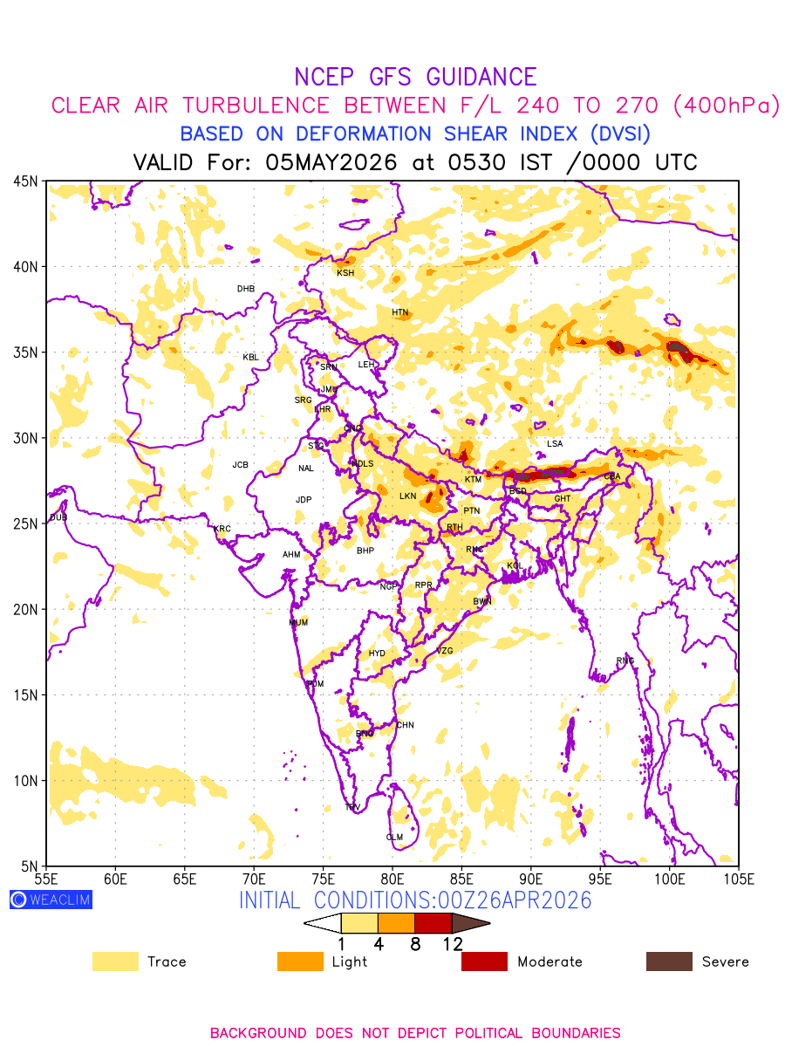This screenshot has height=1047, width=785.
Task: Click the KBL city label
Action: (x=250, y=358)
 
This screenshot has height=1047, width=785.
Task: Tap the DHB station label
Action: (x=246, y=289)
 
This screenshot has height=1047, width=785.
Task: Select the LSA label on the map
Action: (x=555, y=444)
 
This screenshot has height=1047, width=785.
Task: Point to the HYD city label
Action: (x=377, y=654)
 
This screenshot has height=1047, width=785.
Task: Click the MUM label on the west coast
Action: (x=298, y=623)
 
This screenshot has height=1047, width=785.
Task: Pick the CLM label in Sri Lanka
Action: (x=394, y=838)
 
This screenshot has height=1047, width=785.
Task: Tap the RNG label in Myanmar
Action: (x=625, y=660)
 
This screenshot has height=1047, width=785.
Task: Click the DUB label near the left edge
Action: (x=58, y=518)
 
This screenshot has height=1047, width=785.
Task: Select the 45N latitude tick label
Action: (x=24, y=181)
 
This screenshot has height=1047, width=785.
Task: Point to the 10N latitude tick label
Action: (x=24, y=781)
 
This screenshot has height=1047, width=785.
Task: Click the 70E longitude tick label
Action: (x=254, y=878)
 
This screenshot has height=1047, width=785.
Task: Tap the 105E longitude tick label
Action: (x=738, y=878)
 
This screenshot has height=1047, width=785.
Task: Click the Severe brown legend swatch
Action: (x=669, y=961)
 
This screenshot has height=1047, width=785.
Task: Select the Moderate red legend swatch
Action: (x=484, y=961)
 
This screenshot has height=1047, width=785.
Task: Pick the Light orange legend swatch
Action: (x=300, y=961)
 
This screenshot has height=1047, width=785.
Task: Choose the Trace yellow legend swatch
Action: (x=115, y=961)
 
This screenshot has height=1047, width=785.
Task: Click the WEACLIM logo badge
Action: (x=51, y=900)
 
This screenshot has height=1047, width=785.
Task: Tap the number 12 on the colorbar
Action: (x=452, y=944)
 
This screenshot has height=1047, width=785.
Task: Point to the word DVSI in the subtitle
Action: (x=618, y=134)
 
